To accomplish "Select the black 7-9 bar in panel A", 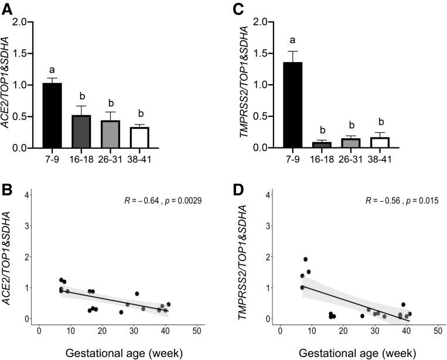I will click(x=52, y=115).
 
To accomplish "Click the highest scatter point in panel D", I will click(x=305, y=259).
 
